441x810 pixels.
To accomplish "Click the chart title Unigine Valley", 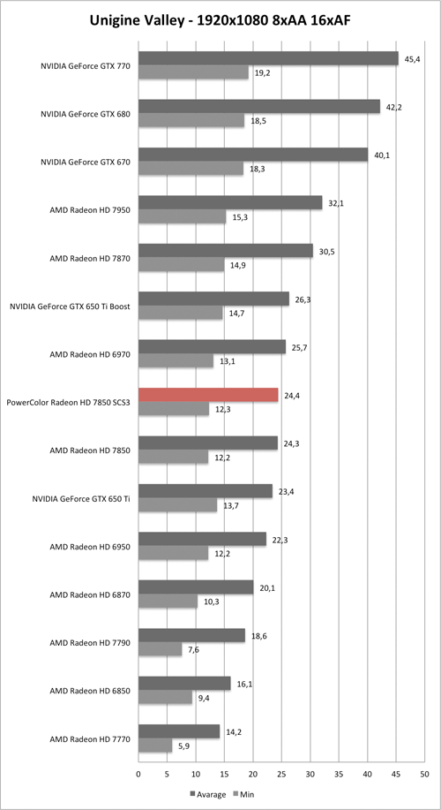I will click(x=220, y=19).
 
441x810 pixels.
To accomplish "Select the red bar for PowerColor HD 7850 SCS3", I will click(x=208, y=395).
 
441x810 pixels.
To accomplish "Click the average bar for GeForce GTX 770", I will click(x=268, y=58).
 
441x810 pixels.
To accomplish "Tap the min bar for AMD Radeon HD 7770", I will click(x=155, y=746).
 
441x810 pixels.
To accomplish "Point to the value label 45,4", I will click(x=412, y=58).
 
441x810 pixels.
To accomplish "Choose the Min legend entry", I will click(x=246, y=792).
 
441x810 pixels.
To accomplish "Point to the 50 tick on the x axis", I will click(x=425, y=774).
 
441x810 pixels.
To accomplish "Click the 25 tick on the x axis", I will click(x=281, y=774).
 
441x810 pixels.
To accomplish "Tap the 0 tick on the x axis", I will click(x=138, y=774).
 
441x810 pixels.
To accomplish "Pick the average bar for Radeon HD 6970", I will click(x=212, y=347).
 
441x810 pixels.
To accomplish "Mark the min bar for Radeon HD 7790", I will click(x=161, y=649).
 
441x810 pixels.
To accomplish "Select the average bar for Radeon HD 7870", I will click(x=226, y=251).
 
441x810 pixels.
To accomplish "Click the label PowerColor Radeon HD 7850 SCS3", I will click(x=69, y=403).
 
